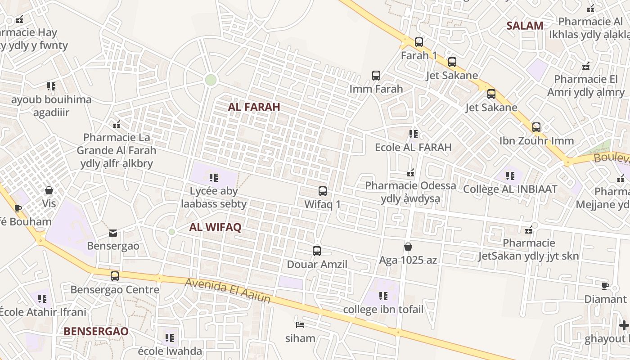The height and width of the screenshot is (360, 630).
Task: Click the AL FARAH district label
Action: click(x=254, y=107)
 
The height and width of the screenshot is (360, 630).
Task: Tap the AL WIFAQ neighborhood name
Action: click(x=215, y=227)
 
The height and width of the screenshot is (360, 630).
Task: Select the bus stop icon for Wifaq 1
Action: click(x=323, y=191)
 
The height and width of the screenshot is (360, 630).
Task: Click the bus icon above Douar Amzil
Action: click(x=317, y=251)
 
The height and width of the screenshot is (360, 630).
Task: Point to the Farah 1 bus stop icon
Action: click(x=419, y=42)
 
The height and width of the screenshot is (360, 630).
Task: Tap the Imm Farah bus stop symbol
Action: click(x=376, y=76)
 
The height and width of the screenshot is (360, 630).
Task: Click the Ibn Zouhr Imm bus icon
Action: click(x=536, y=127)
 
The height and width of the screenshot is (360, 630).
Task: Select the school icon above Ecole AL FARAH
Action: click(x=413, y=134)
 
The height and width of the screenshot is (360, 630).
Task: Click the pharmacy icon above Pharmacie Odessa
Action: click(x=410, y=173)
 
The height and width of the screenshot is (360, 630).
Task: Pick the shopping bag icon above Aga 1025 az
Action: click(x=408, y=247)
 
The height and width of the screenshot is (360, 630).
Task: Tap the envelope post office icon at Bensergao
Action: click(x=113, y=233)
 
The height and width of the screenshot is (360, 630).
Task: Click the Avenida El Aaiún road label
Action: click(x=228, y=290)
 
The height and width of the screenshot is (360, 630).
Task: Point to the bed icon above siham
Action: click(x=300, y=324)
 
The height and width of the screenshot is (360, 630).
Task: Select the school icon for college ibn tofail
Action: click(x=383, y=296)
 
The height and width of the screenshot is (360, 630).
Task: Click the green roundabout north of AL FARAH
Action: click(x=211, y=80)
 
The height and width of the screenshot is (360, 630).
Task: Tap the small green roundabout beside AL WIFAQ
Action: click(x=171, y=232)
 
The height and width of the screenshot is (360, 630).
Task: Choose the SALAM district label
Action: click(x=525, y=26)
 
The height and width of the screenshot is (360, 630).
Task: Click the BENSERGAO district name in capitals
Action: click(x=96, y=331)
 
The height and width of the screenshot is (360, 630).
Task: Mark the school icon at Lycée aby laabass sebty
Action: click(x=214, y=178)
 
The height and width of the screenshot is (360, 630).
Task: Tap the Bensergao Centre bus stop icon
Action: click(x=115, y=276)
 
